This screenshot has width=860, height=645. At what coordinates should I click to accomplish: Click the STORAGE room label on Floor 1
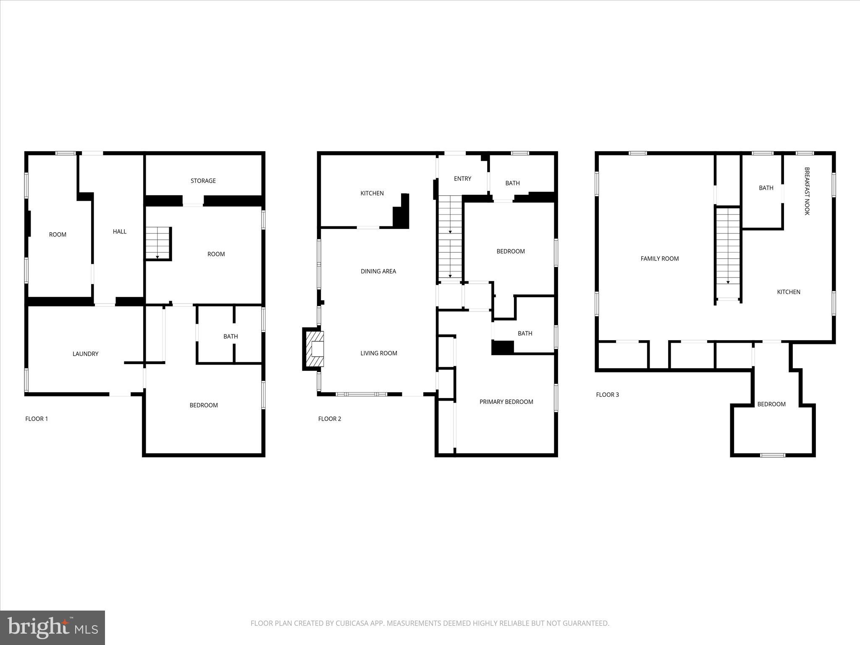click(x=203, y=181)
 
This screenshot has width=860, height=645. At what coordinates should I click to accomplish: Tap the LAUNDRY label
click(x=85, y=354)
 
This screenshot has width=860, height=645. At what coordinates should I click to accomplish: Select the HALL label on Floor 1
click(x=120, y=231)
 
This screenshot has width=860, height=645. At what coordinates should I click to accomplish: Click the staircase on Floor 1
click(x=157, y=244)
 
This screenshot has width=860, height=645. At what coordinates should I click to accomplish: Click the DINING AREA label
click(x=378, y=271)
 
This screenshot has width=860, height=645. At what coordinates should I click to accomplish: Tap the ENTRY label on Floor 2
click(x=462, y=178)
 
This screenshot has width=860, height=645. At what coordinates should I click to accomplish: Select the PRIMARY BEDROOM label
click(x=506, y=402)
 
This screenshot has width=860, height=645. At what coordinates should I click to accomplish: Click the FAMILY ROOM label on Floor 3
click(x=659, y=259)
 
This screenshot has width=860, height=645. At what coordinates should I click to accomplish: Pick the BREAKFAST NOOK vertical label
click(x=807, y=191)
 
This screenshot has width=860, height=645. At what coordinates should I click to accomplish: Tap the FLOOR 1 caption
click(x=37, y=419)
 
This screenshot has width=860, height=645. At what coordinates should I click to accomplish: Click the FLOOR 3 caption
click(x=607, y=395)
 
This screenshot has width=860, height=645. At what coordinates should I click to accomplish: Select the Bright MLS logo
click(x=52, y=627)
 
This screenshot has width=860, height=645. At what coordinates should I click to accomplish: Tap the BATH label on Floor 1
click(x=231, y=336)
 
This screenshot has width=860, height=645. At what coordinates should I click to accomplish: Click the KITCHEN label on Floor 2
click(x=372, y=193)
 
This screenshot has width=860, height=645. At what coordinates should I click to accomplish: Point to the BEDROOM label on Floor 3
click(x=771, y=404)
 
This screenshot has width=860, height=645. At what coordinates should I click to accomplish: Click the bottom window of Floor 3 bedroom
click(x=773, y=455)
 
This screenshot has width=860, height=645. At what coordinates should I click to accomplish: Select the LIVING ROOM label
click(x=378, y=353)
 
